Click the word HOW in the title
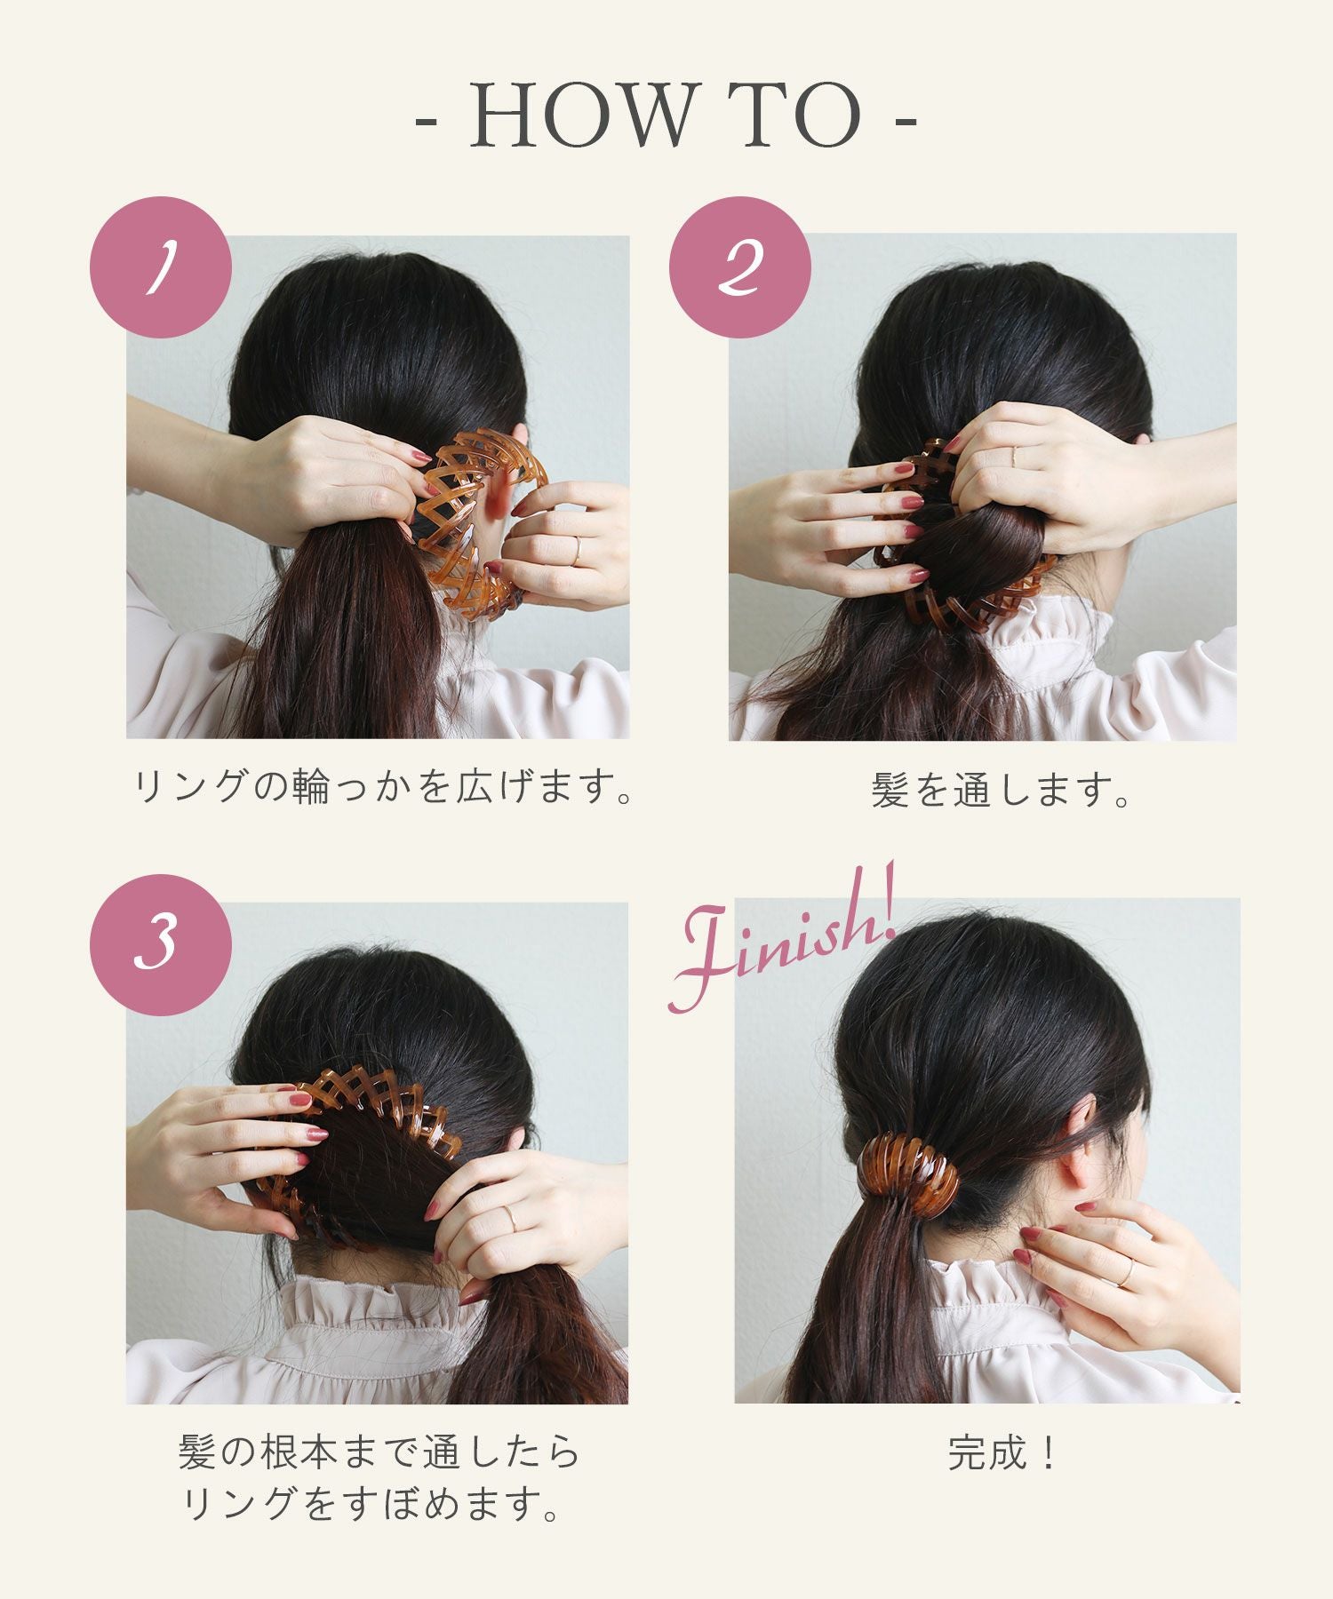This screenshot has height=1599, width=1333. [x=579, y=115]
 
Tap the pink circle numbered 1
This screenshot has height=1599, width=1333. [x=161, y=267]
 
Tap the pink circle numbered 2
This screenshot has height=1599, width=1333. [x=739, y=267]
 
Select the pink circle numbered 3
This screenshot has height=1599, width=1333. [x=161, y=944]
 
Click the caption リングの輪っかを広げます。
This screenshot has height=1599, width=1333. [x=383, y=787]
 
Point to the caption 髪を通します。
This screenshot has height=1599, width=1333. [x=1002, y=790]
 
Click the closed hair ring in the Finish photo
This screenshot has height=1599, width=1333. [x=908, y=1174]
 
